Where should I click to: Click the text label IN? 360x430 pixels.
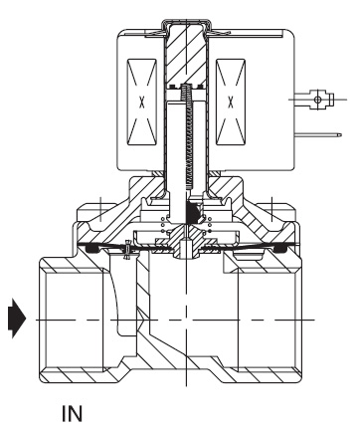pos(72,413)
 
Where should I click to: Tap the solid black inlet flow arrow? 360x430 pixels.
pos(17,319)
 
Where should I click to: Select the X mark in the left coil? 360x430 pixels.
pos(142,103)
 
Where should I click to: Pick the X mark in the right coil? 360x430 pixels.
pos(231,103)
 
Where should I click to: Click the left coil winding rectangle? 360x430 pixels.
pos(142,103)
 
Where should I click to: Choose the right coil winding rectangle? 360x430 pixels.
pos(231,103)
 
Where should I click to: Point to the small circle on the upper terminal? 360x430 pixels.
pos(317,100)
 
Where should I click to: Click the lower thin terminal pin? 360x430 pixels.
pos(318,134)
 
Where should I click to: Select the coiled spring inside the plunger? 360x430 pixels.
pos(187,136)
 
